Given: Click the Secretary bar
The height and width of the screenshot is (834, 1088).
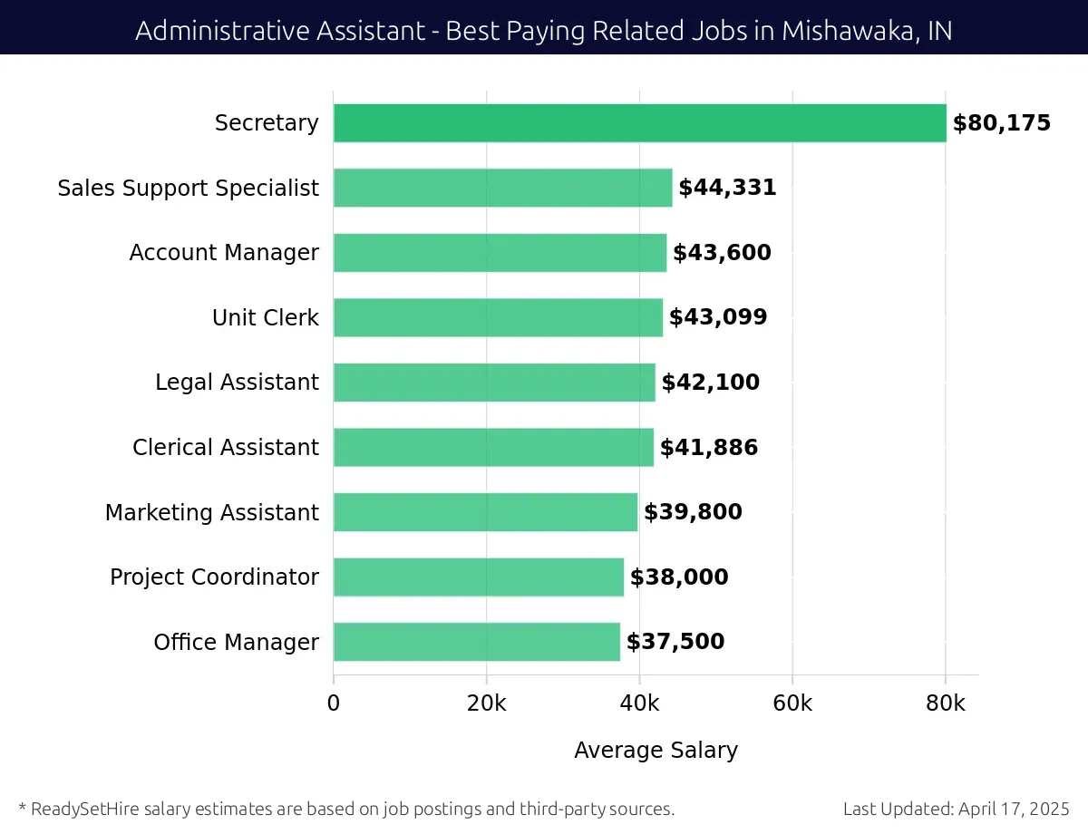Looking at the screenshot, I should point(639,123).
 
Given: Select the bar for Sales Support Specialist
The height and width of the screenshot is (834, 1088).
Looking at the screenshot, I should point(502,188).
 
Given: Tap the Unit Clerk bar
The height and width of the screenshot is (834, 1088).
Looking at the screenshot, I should point(498,317).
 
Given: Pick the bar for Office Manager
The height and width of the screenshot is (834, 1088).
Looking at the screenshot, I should point(476,642).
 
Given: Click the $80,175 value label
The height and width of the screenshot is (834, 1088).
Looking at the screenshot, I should point(1001,123).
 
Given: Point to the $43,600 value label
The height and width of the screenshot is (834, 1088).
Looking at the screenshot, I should point(722,253).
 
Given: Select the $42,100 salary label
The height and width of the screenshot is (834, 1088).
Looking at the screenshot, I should point(710,383).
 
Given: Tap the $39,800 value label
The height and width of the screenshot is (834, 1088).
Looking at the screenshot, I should point(693,512).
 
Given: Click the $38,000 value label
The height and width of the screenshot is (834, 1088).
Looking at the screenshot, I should point(679,577).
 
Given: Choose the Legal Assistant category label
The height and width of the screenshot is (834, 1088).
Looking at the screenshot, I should point(237,383).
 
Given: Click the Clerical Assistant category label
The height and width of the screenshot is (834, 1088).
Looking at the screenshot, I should point(225,448).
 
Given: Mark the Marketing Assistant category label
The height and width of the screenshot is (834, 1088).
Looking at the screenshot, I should point(211,512).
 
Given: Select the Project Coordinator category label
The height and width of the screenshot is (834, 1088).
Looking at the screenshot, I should point(214,577).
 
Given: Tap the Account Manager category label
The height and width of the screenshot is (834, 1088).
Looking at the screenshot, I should point(224,253).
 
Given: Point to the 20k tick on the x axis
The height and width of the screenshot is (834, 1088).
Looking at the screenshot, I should point(486,703).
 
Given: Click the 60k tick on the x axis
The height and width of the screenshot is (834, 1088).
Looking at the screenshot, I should point(792,703).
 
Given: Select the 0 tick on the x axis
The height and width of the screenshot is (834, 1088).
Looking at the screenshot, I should point(334,703).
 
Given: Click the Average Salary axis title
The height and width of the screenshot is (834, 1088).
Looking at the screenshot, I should point(656,751).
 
